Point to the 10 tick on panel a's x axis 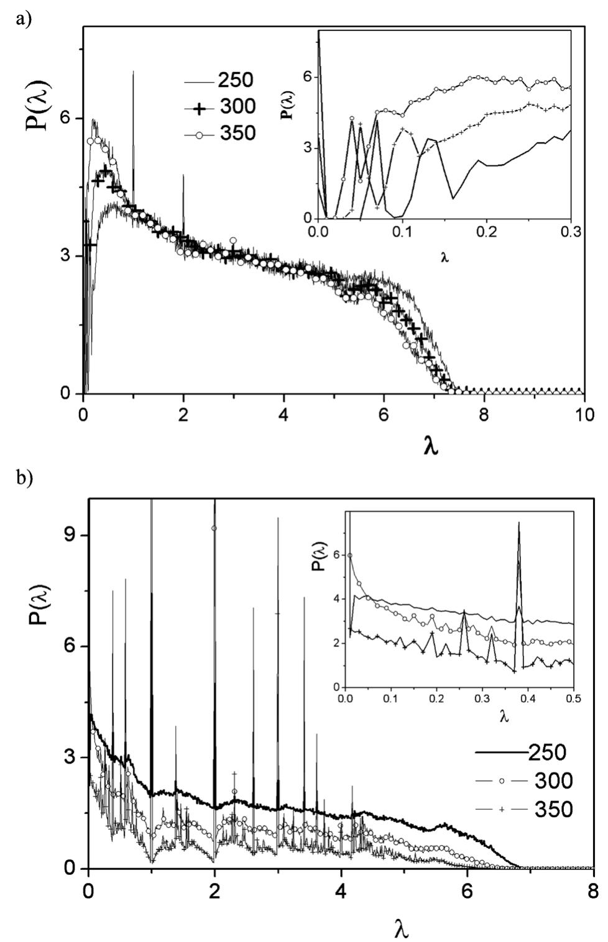(584, 414)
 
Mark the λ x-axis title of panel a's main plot (430, 445)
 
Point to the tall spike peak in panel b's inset (518, 523)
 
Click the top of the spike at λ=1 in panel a (133, 72)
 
